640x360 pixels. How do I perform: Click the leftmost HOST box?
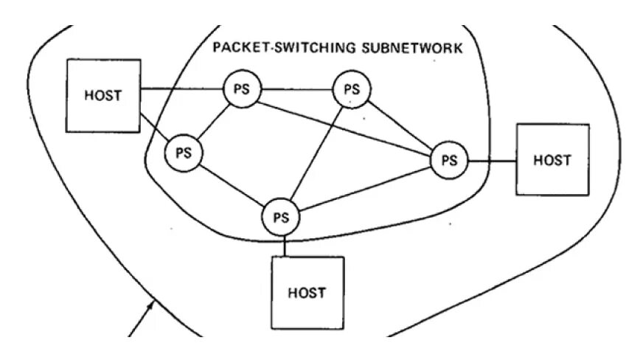pos(103,95)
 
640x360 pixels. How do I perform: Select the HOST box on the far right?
pos(552,159)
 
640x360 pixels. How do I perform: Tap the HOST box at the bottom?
pos(307,292)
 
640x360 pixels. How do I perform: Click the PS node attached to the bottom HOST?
pos(280,218)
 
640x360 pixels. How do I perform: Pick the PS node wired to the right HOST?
pos(449,159)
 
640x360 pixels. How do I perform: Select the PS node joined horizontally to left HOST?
pos(242,89)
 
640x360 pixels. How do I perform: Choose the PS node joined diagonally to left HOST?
pos(183,153)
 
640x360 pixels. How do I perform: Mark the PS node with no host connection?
pos(351,89)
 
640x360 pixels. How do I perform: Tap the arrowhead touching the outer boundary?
pos(152,302)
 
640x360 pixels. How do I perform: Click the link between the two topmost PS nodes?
pos(296,89)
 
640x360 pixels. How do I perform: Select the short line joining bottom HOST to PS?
pos(281,246)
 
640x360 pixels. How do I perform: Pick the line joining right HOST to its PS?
pos(491,159)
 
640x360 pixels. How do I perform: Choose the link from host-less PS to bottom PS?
pos(317,150)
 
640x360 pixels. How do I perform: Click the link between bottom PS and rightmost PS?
pos(365,189)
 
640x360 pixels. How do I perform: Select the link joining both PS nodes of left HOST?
pos(213,120)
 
